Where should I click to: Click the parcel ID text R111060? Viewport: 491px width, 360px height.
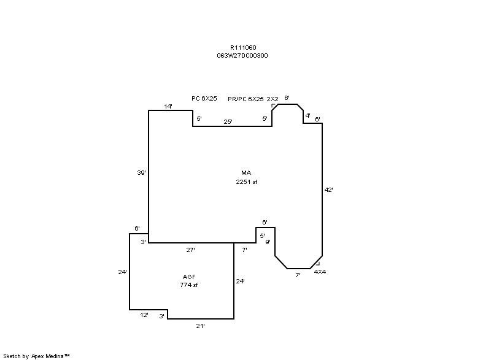point(243,48)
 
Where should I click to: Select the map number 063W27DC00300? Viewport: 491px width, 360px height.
point(242,56)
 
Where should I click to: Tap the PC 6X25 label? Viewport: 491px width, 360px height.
point(204,99)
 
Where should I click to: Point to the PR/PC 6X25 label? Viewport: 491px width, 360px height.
point(245,99)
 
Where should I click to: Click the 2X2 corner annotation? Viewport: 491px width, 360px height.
point(273,99)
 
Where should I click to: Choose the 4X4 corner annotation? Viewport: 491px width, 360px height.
point(320,272)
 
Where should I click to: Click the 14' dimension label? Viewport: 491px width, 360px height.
point(168,106)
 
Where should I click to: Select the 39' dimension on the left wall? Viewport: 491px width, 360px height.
point(142,173)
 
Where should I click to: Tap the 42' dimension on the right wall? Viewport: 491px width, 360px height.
point(329,190)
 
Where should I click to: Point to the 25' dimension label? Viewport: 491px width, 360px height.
point(228,121)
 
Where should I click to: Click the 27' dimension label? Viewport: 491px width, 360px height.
point(191,250)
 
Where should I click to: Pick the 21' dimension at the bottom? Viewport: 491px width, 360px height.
point(201,326)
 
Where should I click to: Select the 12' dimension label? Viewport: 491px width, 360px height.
point(144,315)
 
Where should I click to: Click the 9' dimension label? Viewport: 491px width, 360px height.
point(268,242)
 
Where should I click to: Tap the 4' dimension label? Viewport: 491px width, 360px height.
point(308,116)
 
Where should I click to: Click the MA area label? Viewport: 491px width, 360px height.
point(246,173)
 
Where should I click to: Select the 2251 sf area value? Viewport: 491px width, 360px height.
point(247,182)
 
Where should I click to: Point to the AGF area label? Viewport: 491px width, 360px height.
point(189,277)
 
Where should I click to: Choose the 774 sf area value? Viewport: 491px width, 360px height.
point(189,285)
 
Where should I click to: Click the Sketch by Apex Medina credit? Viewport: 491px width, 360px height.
point(36,356)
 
